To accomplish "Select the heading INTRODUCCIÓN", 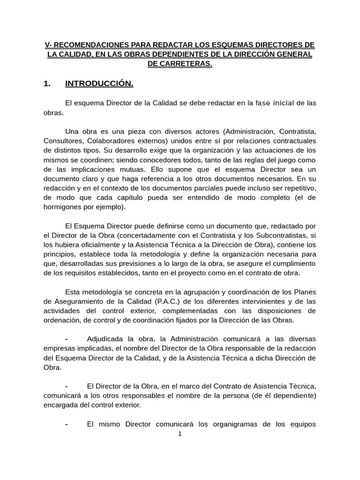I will (x=99, y=84).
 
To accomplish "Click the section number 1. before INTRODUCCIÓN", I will (x=46, y=84).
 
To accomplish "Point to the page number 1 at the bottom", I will (x=180, y=434).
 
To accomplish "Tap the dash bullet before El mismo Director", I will (x=67, y=424).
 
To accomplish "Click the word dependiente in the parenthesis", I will (x=290, y=396).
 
